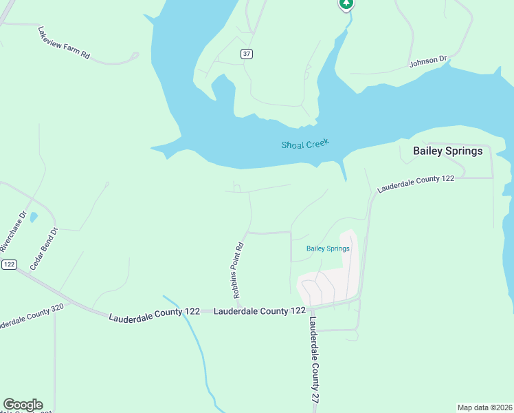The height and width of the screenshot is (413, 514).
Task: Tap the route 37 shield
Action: pyautogui.click(x=246, y=54)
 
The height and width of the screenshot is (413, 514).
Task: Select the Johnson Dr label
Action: pyautogui.click(x=428, y=61)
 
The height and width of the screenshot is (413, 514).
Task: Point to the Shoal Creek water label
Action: pyautogui.click(x=305, y=144)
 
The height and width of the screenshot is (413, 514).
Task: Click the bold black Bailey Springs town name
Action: pyautogui.click(x=447, y=151)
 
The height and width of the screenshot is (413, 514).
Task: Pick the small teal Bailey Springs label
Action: pyautogui.click(x=328, y=248)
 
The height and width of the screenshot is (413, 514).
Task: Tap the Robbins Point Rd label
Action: pyautogui.click(x=238, y=270)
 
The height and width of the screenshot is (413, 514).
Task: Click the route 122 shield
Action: pyautogui.click(x=9, y=264)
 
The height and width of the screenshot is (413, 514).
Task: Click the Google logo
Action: pyautogui.click(x=23, y=405)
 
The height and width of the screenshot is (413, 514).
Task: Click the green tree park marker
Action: pyautogui.click(x=346, y=4)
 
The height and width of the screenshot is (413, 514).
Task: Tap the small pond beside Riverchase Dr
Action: pyautogui.click(x=34, y=218)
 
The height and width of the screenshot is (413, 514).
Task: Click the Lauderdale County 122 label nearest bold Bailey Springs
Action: pyautogui.click(x=416, y=182)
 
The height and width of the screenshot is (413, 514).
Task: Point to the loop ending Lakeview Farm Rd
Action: pyautogui.click(x=135, y=56)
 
